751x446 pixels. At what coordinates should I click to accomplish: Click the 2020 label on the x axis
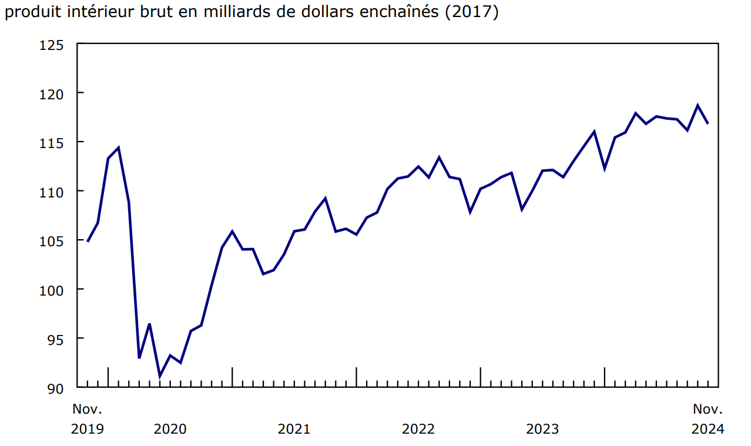coord(170,429)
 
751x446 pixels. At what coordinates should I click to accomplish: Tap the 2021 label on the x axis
coord(294,429)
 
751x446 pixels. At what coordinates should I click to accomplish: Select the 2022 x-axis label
coord(418,429)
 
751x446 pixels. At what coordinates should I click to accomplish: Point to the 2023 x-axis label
coord(542,429)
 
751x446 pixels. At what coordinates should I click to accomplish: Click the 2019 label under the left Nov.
coord(87,429)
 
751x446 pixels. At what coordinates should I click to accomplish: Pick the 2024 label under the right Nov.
coord(708,429)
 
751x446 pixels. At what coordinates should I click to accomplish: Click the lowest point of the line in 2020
coord(160,377)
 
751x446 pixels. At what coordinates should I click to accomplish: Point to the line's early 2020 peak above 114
coord(119,147)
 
